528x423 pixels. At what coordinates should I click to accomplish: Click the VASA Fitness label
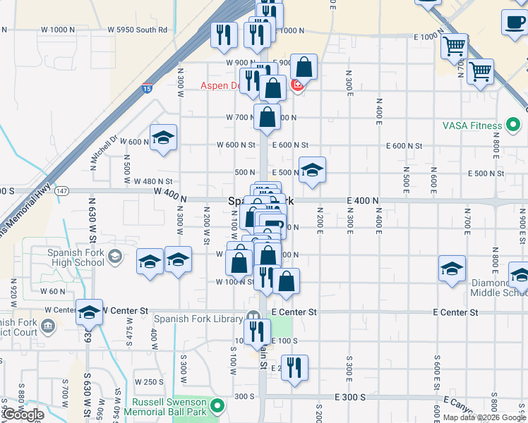472,125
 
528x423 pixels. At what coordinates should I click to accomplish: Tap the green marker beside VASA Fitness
514,125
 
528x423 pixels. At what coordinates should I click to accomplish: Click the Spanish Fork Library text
198,319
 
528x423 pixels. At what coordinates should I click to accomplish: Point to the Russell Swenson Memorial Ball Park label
174,407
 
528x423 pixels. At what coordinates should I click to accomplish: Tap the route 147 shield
62,190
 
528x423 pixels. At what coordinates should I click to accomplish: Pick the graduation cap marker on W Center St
90,312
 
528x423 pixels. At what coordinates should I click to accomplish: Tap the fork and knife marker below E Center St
257,330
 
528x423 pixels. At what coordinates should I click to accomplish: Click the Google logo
23,415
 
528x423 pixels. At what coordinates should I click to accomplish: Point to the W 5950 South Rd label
138,30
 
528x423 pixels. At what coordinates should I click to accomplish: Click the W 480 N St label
153,182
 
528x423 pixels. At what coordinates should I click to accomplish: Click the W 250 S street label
149,382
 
